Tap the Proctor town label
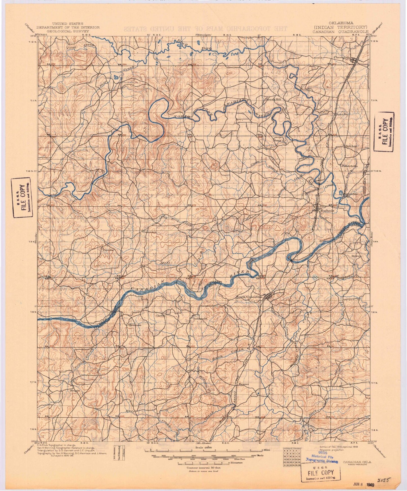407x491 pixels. pyautogui.click(x=108, y=250)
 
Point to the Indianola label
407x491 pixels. pyautogui.click(x=200, y=319)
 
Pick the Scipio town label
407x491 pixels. pyautogui.click(x=75, y=391)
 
